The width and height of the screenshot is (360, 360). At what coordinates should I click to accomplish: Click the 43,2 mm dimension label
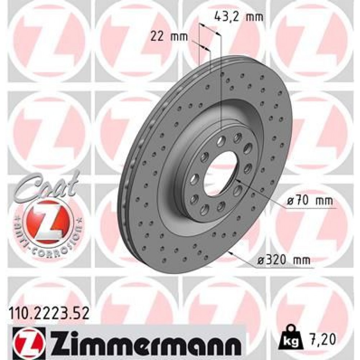tap(239, 16)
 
